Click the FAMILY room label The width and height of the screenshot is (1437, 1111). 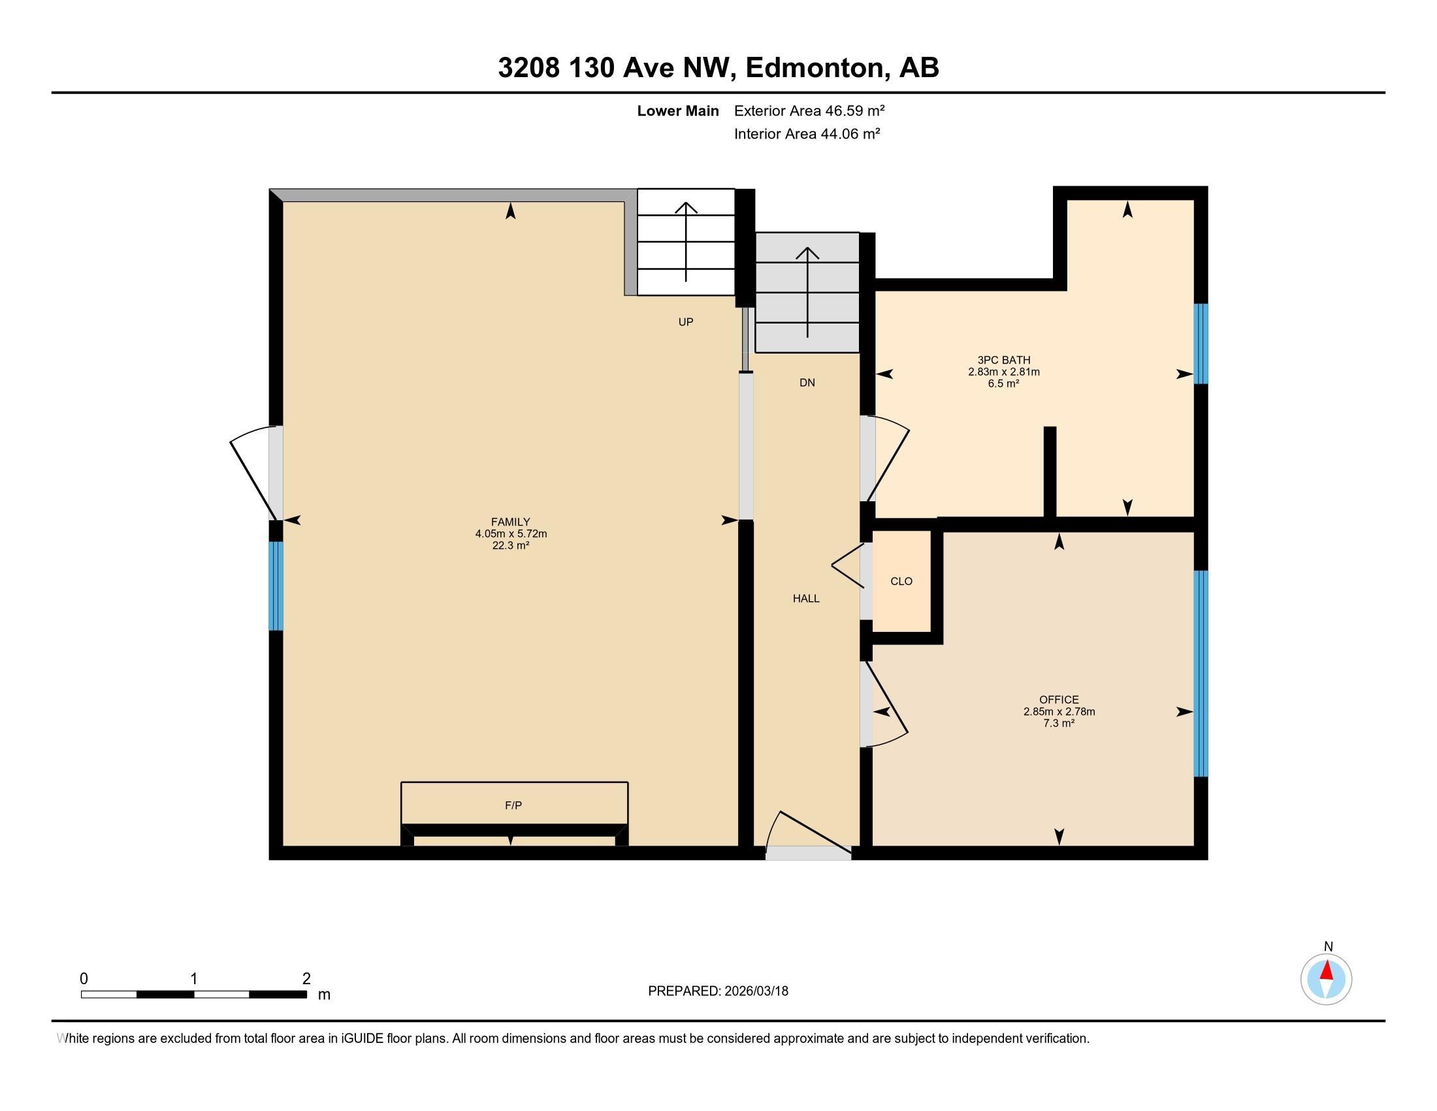coord(510,522)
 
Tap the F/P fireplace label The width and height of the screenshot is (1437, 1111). coord(513,805)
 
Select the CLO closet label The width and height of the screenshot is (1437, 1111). coord(901,581)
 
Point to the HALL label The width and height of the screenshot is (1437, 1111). coord(805,598)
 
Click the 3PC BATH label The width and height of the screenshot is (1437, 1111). coord(1003,360)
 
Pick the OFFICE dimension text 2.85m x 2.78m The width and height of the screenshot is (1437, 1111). coord(1059,712)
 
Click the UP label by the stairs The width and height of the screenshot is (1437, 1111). coord(686,322)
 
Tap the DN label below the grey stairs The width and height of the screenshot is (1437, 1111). coord(807,382)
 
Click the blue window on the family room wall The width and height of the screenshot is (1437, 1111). coord(276,586)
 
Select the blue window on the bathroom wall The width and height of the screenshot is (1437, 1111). coord(1201,344)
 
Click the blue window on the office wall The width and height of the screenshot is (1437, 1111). coord(1201,673)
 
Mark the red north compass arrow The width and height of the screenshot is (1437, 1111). coord(1327,970)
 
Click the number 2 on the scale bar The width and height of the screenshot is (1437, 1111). coord(306,979)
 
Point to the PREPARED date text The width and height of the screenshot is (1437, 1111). coord(718,991)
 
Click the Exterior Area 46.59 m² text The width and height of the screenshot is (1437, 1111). coord(809,110)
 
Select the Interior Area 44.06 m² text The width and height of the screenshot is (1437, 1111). coord(807,133)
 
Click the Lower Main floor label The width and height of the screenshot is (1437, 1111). coord(678,110)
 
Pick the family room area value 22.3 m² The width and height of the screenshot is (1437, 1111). coord(511,546)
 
